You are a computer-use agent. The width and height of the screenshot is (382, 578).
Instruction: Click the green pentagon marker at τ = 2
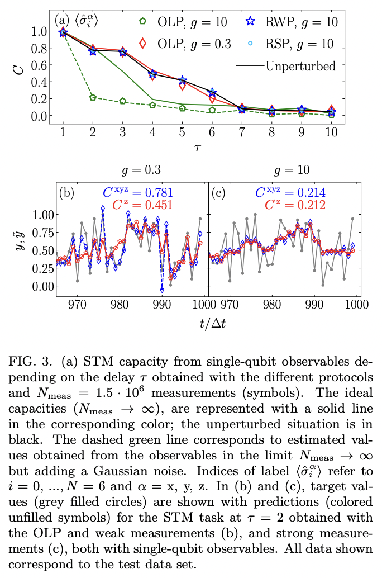[x=93, y=97]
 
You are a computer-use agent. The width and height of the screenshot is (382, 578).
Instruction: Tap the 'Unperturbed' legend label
[x=300, y=66]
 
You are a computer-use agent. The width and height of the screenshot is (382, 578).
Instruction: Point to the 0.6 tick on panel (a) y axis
[x=40, y=65]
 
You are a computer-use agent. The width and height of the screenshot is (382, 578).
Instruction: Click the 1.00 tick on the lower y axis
[x=42, y=214]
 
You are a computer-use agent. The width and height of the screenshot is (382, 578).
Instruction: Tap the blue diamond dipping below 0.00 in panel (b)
[x=162, y=290]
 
